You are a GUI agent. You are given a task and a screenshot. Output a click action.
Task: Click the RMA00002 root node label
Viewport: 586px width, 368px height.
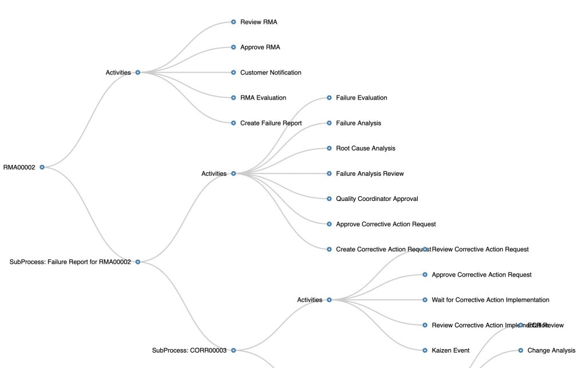coord(19,168)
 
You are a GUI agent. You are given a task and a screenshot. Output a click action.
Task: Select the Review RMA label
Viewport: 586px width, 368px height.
coord(259,22)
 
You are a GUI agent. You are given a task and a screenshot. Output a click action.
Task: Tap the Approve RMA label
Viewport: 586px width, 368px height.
coord(260,48)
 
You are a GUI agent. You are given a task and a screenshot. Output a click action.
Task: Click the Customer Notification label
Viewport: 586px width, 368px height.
coord(271,73)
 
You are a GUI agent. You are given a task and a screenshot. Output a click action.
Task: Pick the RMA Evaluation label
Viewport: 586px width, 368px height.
coord(263,98)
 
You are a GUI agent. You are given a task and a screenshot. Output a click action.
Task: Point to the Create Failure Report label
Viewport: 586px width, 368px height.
coord(271,123)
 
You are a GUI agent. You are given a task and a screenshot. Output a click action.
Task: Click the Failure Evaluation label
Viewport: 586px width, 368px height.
coord(361,98)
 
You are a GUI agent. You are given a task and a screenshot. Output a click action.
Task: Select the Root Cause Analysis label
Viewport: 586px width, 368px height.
coord(365,148)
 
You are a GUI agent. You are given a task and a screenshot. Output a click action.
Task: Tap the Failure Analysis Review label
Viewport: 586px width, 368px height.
coord(370,173)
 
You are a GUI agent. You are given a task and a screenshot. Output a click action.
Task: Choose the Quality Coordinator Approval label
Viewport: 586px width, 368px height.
coord(377,199)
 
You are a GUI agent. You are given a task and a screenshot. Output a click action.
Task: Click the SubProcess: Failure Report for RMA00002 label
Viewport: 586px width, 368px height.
coord(70,262)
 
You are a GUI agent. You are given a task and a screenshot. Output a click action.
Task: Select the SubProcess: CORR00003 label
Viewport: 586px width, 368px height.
coord(189,350)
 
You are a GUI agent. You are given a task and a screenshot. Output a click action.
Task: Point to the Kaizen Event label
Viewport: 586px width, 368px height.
coord(450,350)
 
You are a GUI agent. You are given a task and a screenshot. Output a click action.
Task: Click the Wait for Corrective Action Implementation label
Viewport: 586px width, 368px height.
coord(490,300)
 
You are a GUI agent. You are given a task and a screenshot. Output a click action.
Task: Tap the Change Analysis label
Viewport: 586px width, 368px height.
coord(551,350)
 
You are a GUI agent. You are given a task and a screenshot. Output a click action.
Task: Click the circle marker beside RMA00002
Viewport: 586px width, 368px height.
coord(42,167)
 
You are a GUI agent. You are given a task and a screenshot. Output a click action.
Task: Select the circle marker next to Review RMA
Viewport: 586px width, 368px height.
coord(233,22)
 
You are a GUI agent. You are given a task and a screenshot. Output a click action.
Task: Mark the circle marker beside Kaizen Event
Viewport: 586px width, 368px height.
coord(425,350)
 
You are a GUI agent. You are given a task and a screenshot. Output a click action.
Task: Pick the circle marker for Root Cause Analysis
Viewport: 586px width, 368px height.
coord(330,148)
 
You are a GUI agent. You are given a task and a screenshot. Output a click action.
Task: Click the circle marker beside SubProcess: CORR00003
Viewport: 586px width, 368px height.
coord(233,350)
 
